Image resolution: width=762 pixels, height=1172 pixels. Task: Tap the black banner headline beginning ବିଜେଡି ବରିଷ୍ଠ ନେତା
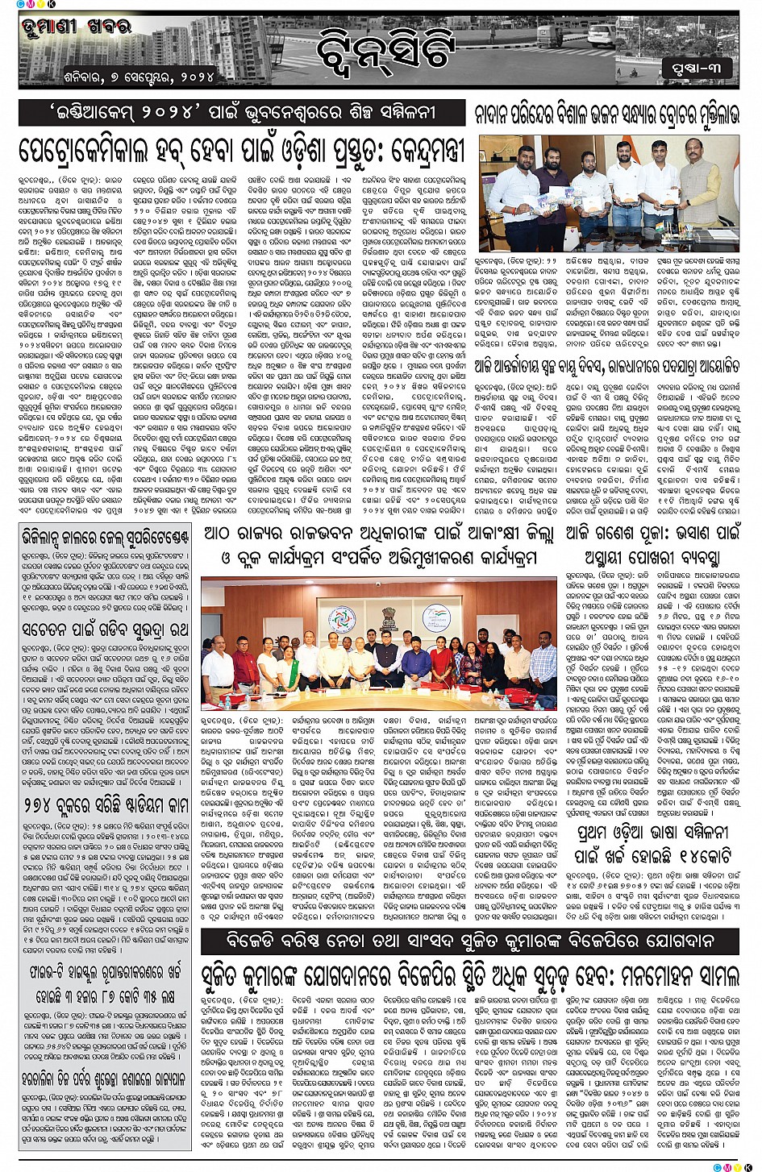coord(470,941)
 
